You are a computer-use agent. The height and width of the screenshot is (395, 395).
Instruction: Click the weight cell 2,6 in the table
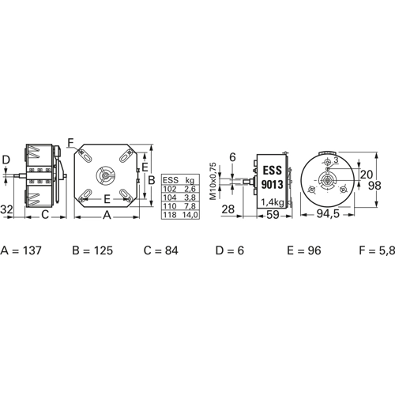coord(190,189)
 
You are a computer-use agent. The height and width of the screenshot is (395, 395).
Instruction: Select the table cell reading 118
coord(170,215)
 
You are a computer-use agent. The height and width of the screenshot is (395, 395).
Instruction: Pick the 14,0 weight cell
coord(190,215)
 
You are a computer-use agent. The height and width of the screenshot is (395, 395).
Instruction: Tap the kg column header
coord(190,180)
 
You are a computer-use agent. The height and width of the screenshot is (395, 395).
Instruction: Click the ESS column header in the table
coord(171,180)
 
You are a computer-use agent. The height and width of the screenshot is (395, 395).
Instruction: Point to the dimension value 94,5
coord(328,214)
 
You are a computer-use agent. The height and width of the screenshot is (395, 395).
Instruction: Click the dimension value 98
coord(374,186)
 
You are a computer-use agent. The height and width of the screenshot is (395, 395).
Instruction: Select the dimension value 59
coord(273,215)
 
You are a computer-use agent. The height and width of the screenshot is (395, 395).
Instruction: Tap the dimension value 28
coord(228,209)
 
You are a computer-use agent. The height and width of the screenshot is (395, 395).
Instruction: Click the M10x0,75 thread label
coord(213,181)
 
